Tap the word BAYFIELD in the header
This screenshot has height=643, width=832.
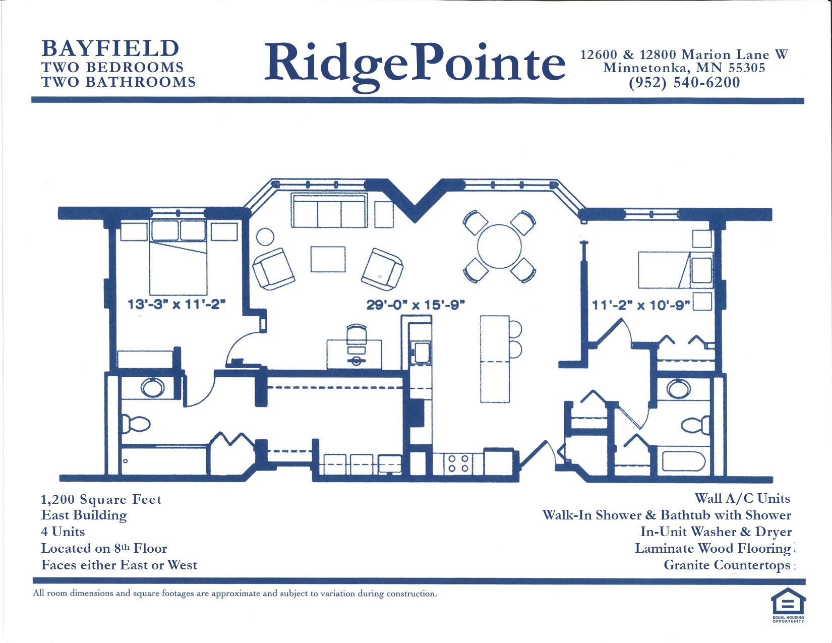click(x=110, y=48)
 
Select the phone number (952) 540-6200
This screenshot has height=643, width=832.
click(x=684, y=82)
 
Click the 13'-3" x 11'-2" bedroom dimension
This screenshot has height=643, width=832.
click(x=176, y=305)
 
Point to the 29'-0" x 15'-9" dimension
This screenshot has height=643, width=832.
click(x=416, y=305)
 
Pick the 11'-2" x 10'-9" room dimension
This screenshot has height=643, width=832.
click(x=641, y=305)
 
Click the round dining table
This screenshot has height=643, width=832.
click(x=499, y=246)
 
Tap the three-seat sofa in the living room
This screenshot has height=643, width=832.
click(x=329, y=210)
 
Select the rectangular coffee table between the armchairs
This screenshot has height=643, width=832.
click(x=328, y=259)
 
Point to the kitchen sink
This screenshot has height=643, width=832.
click(x=421, y=353)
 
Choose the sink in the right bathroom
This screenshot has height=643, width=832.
click(x=679, y=389)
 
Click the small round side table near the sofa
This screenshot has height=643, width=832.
click(x=265, y=237)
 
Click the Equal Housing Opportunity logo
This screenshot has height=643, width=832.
click(x=788, y=606)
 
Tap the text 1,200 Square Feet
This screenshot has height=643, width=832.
click(x=101, y=499)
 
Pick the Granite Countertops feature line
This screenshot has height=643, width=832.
click(x=727, y=565)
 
